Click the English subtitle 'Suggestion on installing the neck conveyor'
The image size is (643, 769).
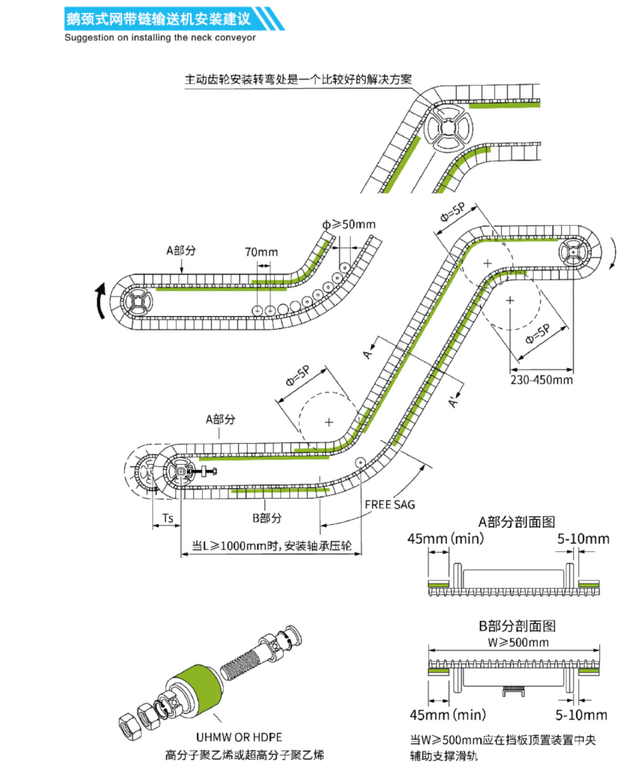160,37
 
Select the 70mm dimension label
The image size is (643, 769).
261,252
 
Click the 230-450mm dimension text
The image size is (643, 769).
542,380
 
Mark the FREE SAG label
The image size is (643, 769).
390,504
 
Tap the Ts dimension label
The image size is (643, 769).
168,519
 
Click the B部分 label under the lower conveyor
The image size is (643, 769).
266,517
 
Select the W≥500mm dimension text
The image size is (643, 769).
517,643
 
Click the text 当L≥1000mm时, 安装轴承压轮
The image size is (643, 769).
267,546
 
